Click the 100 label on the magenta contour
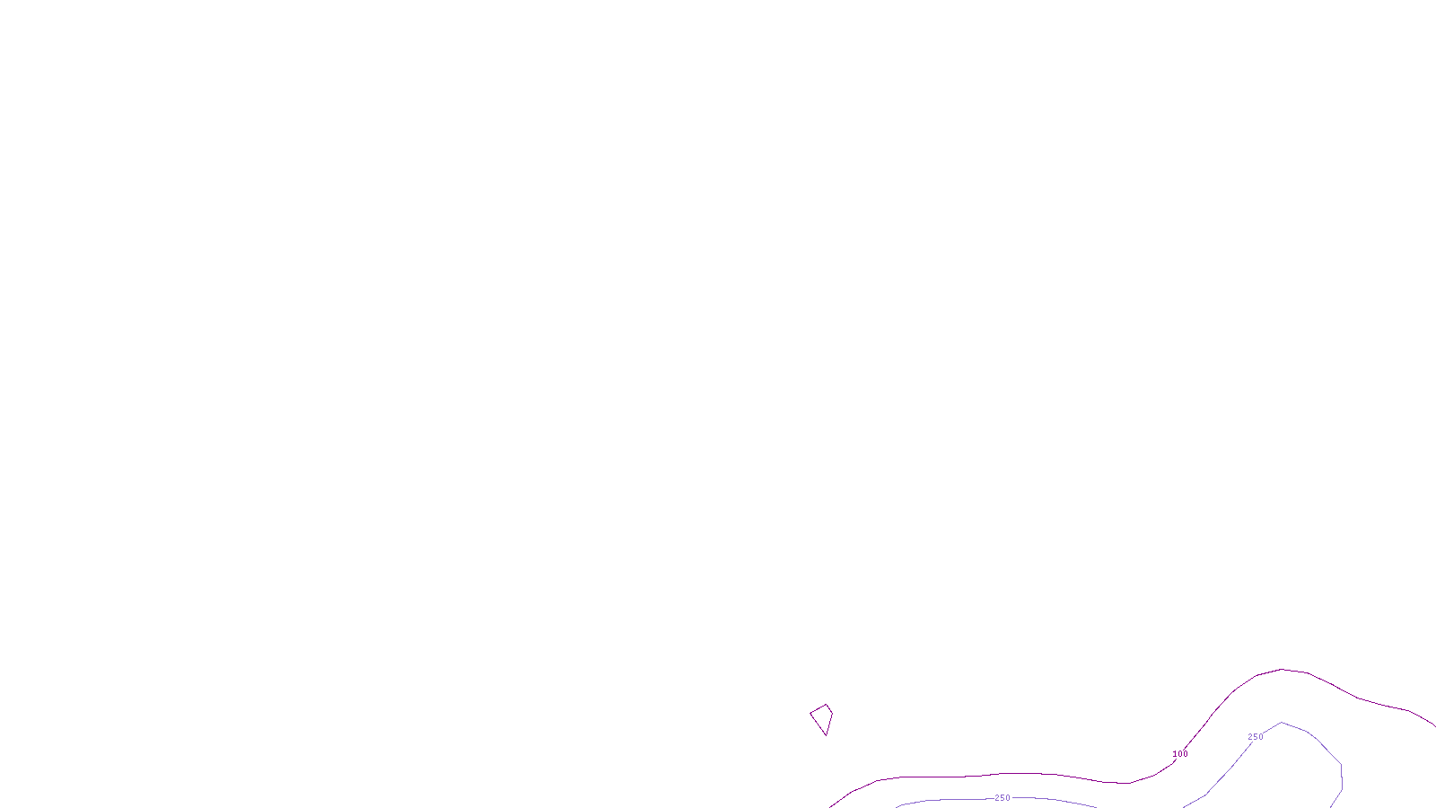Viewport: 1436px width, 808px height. [1180, 754]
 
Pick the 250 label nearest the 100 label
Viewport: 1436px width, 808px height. [1256, 737]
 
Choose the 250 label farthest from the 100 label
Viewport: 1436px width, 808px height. [1003, 798]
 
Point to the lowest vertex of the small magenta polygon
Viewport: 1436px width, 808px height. [826, 735]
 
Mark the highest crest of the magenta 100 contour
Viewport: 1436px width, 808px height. [1282, 669]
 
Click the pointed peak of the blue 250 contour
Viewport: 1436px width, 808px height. [1282, 722]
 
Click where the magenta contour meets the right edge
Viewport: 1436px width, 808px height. [1434, 725]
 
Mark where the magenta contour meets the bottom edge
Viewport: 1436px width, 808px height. [831, 806]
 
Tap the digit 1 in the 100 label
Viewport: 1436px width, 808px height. [1175, 754]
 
